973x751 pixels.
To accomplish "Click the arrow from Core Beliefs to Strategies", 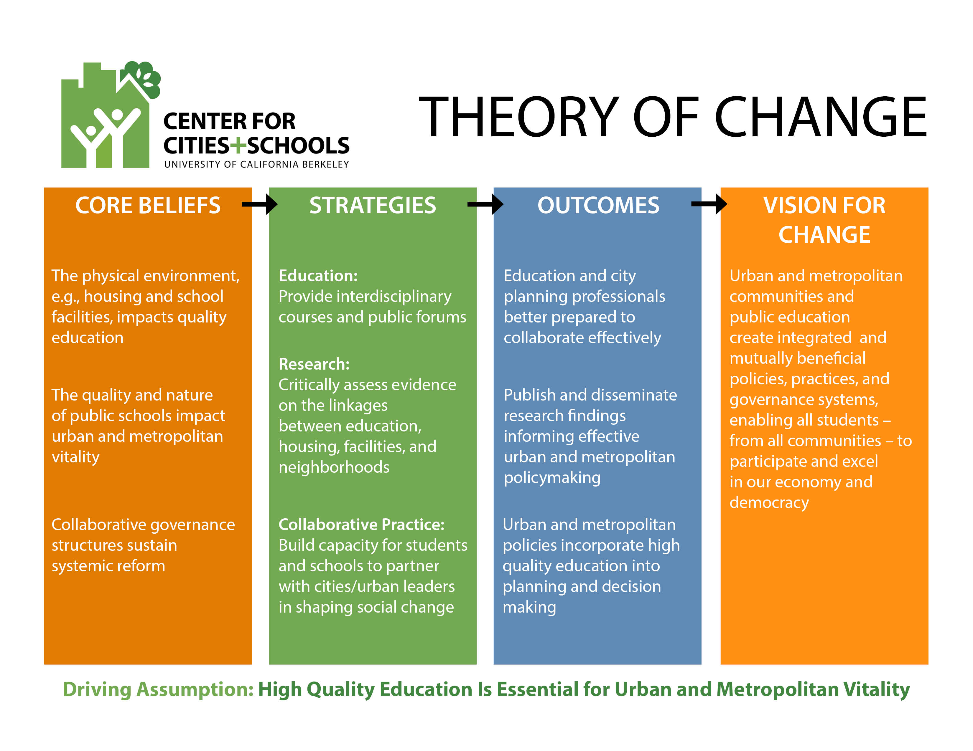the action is [x=259, y=204].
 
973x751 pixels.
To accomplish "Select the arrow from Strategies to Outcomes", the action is [x=485, y=204].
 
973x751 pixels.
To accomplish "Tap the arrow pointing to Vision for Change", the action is [x=709, y=204].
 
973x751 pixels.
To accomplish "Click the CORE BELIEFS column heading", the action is [x=148, y=206].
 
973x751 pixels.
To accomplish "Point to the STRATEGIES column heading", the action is [x=373, y=206].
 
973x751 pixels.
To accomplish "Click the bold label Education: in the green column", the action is [x=318, y=276].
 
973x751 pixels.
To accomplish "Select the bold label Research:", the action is [x=314, y=364].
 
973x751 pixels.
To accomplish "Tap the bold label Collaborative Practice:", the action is [x=361, y=525].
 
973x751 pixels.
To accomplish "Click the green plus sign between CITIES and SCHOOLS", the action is [x=238, y=145].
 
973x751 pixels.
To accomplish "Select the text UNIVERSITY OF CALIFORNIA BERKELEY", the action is [x=257, y=164].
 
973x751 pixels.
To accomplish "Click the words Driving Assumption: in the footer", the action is [x=158, y=689].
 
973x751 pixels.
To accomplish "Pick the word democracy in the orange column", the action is [x=769, y=503].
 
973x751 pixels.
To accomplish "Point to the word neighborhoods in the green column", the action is [x=334, y=467].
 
